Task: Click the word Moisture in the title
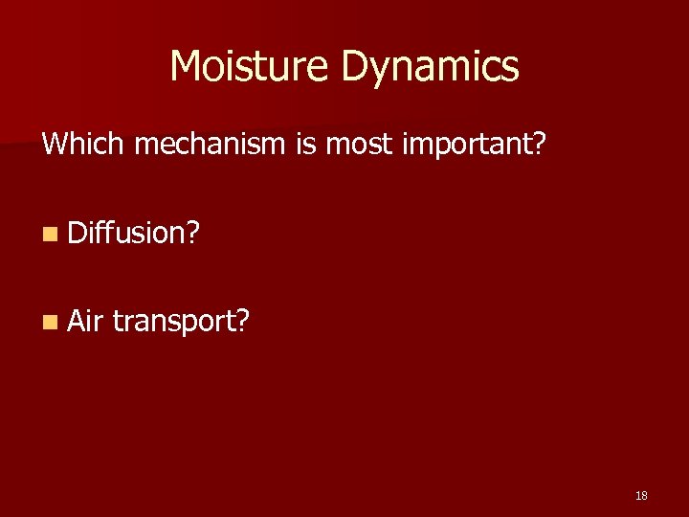point(250,66)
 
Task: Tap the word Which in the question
point(84,145)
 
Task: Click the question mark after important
point(538,145)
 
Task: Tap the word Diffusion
point(126,233)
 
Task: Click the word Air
point(85,321)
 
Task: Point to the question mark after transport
point(241,321)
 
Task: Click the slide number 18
point(641,496)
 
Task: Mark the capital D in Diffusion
point(78,233)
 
